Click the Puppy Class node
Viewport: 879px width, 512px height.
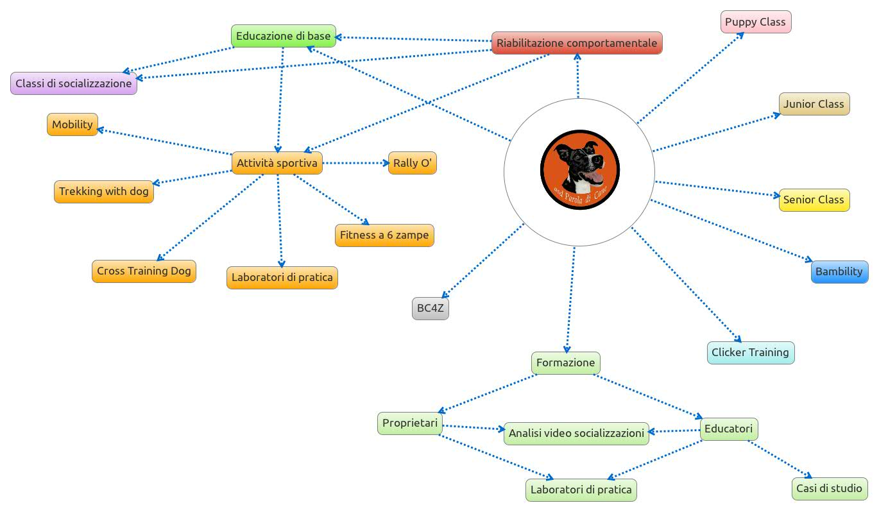click(x=755, y=22)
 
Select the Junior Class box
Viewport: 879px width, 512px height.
click(x=814, y=104)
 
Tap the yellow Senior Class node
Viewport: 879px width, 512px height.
click(x=814, y=200)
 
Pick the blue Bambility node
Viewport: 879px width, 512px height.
click(x=839, y=271)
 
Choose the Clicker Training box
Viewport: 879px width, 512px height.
click(x=750, y=352)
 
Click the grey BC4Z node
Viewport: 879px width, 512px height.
click(x=430, y=309)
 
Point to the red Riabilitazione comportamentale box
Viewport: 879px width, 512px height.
click(x=576, y=43)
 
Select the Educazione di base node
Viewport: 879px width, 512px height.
click(x=283, y=36)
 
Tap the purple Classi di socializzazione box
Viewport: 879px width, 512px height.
click(x=73, y=83)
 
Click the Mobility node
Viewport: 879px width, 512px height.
click(x=72, y=124)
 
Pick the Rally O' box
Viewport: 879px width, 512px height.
click(x=412, y=163)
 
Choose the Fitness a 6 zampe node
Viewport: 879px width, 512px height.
click(x=384, y=235)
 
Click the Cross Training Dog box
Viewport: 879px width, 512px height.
click(x=144, y=271)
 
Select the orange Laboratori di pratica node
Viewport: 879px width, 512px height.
click(x=282, y=277)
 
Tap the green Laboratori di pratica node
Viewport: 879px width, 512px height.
click(x=581, y=490)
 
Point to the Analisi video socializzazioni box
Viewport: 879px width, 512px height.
click(x=576, y=433)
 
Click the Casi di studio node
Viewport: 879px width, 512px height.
click(x=829, y=488)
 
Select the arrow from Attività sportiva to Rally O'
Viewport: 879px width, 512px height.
click(x=355, y=163)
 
